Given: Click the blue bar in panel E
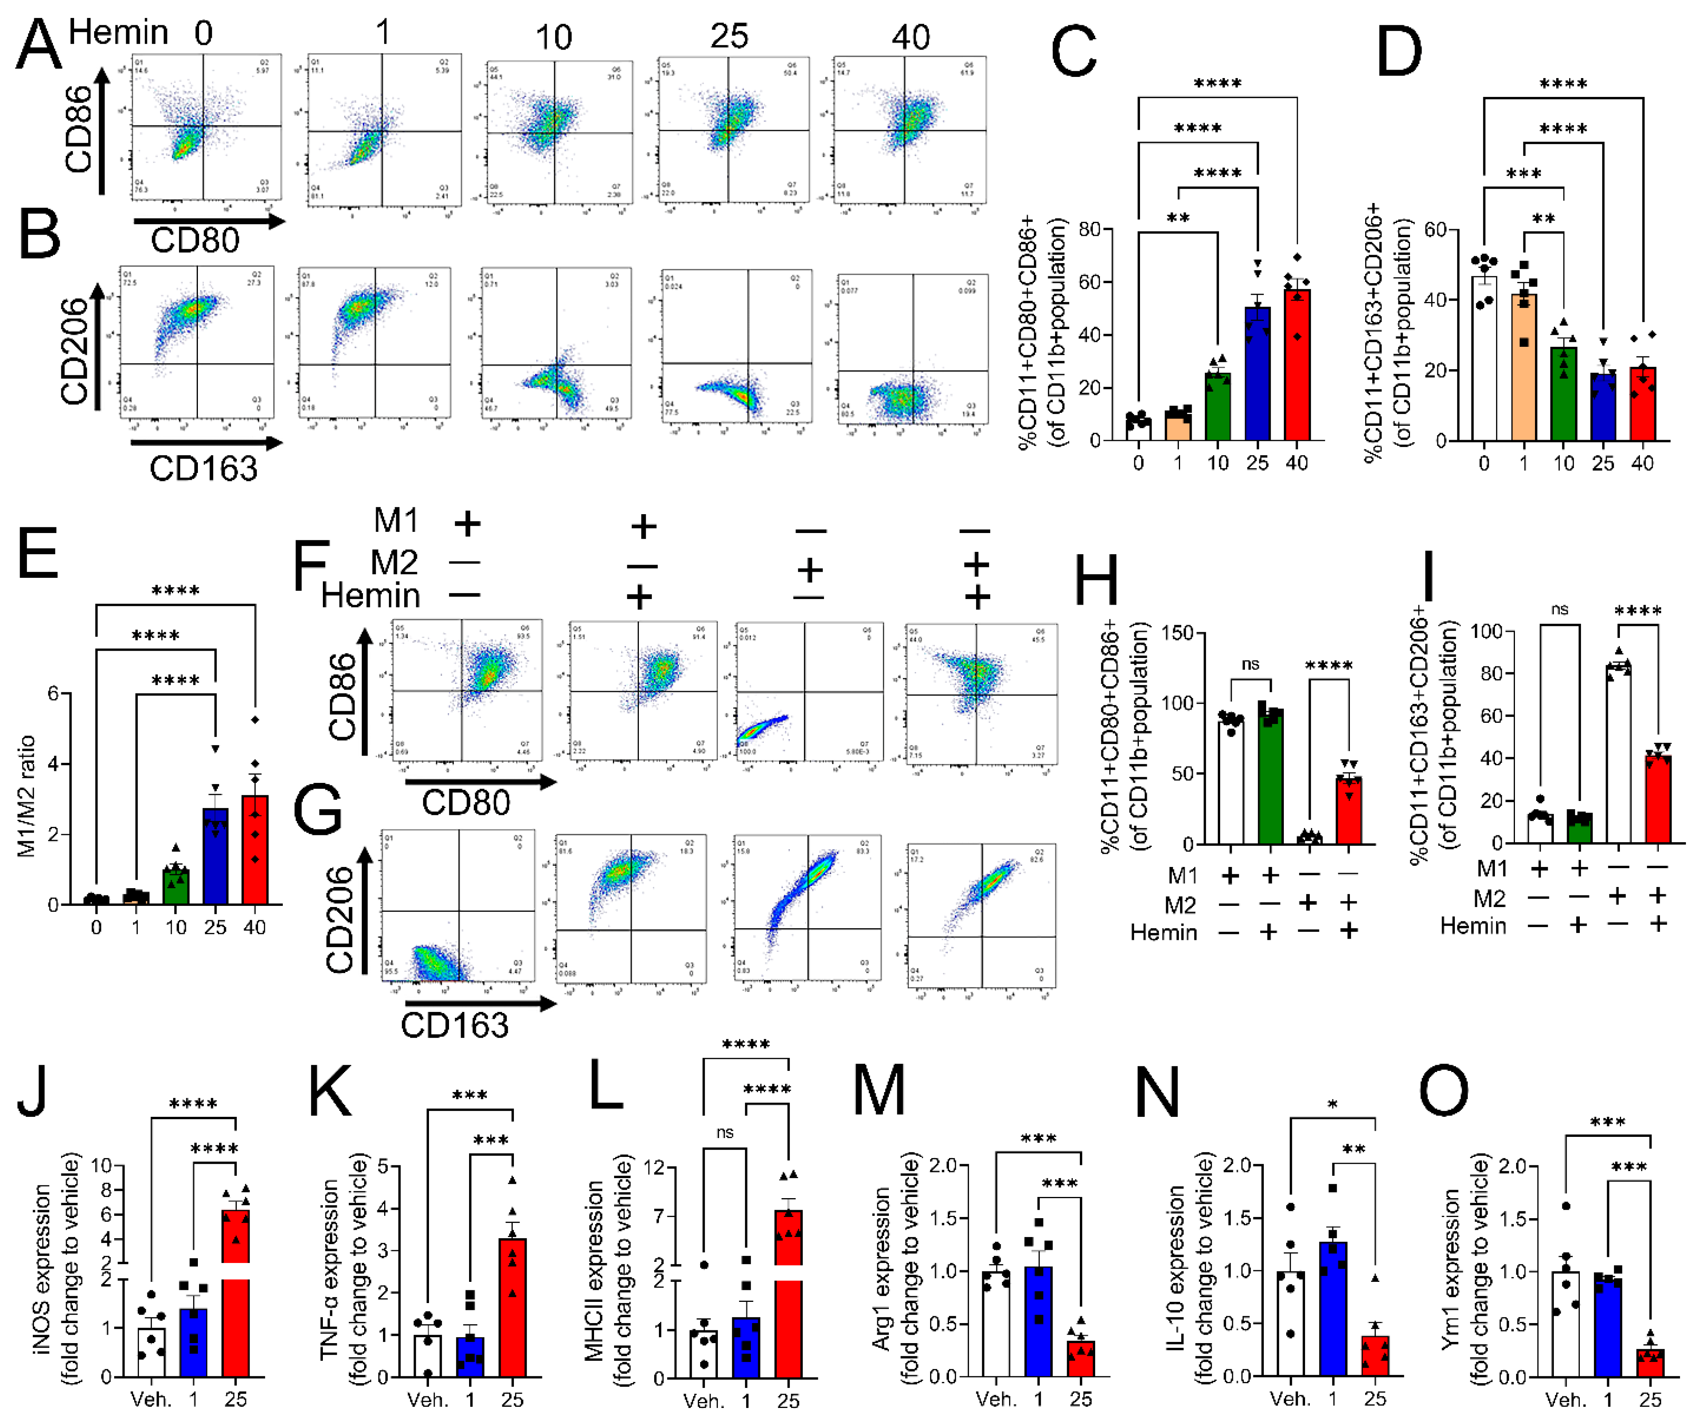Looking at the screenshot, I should (x=215, y=857).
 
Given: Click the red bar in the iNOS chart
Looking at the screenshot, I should (x=235, y=1293).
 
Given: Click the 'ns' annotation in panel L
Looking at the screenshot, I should (x=725, y=1132).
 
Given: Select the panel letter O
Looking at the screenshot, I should (x=1443, y=1091).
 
